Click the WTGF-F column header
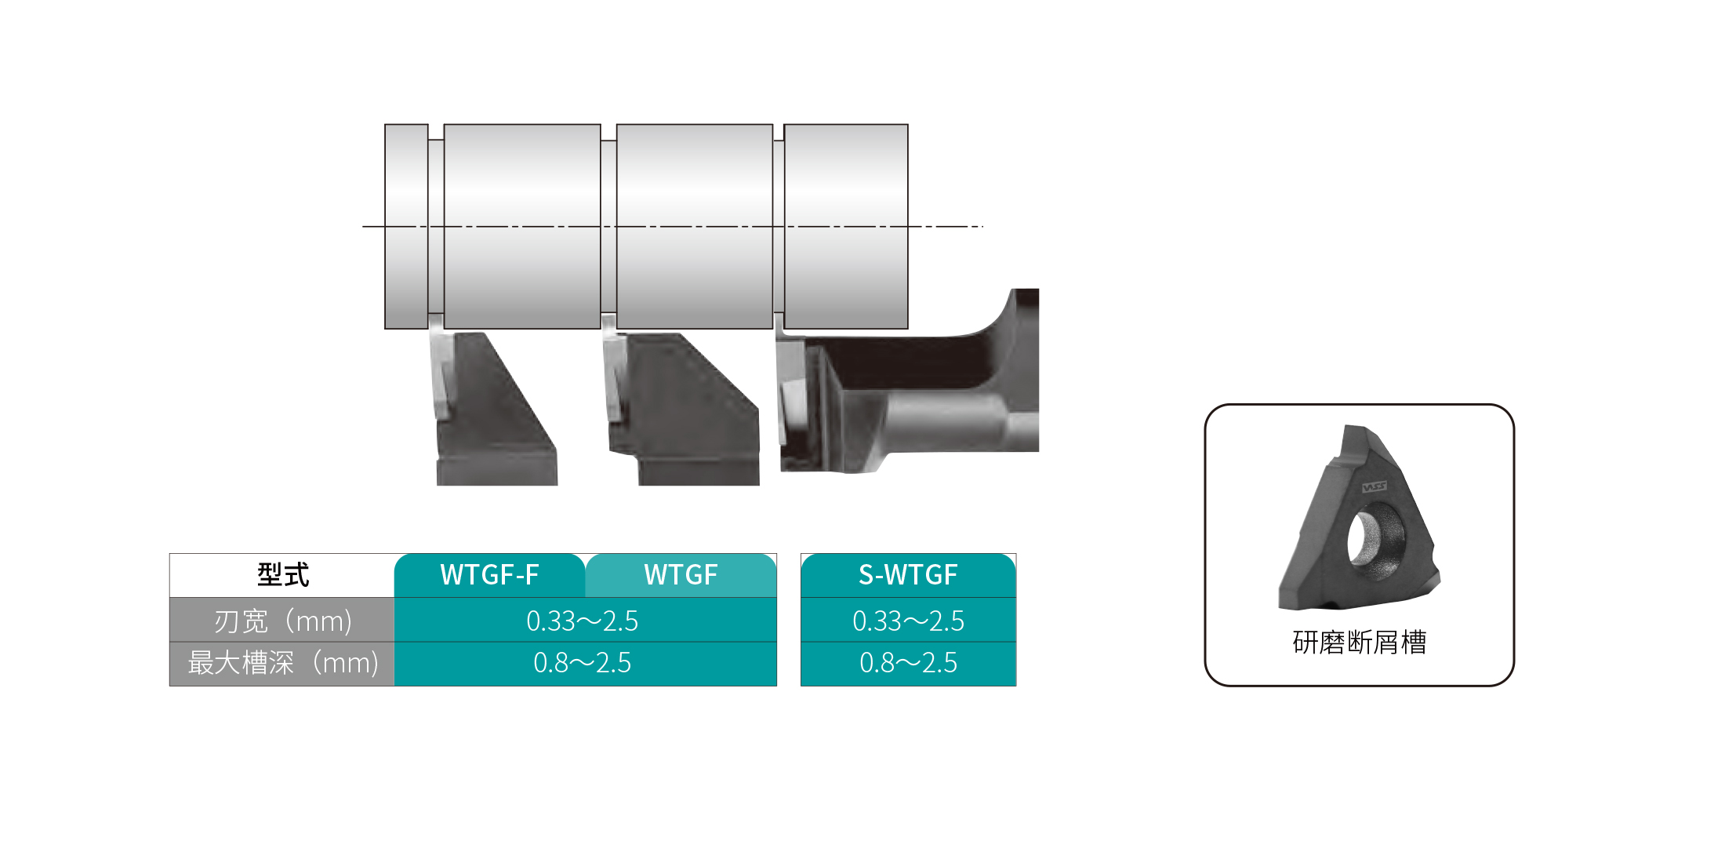point(489,575)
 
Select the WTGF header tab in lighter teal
point(681,575)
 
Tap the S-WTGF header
point(908,575)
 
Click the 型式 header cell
point(282,575)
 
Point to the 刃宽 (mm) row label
point(282,621)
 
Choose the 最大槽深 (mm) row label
point(282,664)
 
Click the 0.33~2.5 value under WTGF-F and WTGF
point(583,621)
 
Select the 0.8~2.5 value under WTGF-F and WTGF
point(583,664)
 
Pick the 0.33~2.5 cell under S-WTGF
point(908,621)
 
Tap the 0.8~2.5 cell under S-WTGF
point(908,664)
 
